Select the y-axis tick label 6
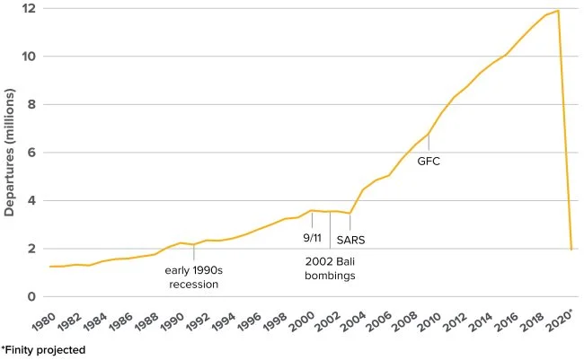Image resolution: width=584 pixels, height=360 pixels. pyautogui.click(x=31, y=153)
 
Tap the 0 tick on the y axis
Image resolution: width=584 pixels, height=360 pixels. pyautogui.click(x=31, y=297)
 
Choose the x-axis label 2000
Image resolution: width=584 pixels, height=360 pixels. pyautogui.click(x=309, y=321)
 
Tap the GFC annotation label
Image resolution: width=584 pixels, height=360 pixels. pyautogui.click(x=429, y=162)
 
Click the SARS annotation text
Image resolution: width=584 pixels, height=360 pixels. pyautogui.click(x=351, y=240)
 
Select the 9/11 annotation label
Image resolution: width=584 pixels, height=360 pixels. pyautogui.click(x=312, y=238)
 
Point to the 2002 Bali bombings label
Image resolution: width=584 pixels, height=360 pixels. pyautogui.click(x=329, y=268)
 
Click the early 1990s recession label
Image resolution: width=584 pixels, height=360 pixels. pyautogui.click(x=194, y=277)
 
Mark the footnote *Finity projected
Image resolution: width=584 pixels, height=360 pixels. pyautogui.click(x=43, y=350)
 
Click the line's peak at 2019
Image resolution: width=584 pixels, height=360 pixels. pyautogui.click(x=559, y=11)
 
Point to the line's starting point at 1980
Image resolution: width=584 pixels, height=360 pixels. pyautogui.click(x=50, y=267)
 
